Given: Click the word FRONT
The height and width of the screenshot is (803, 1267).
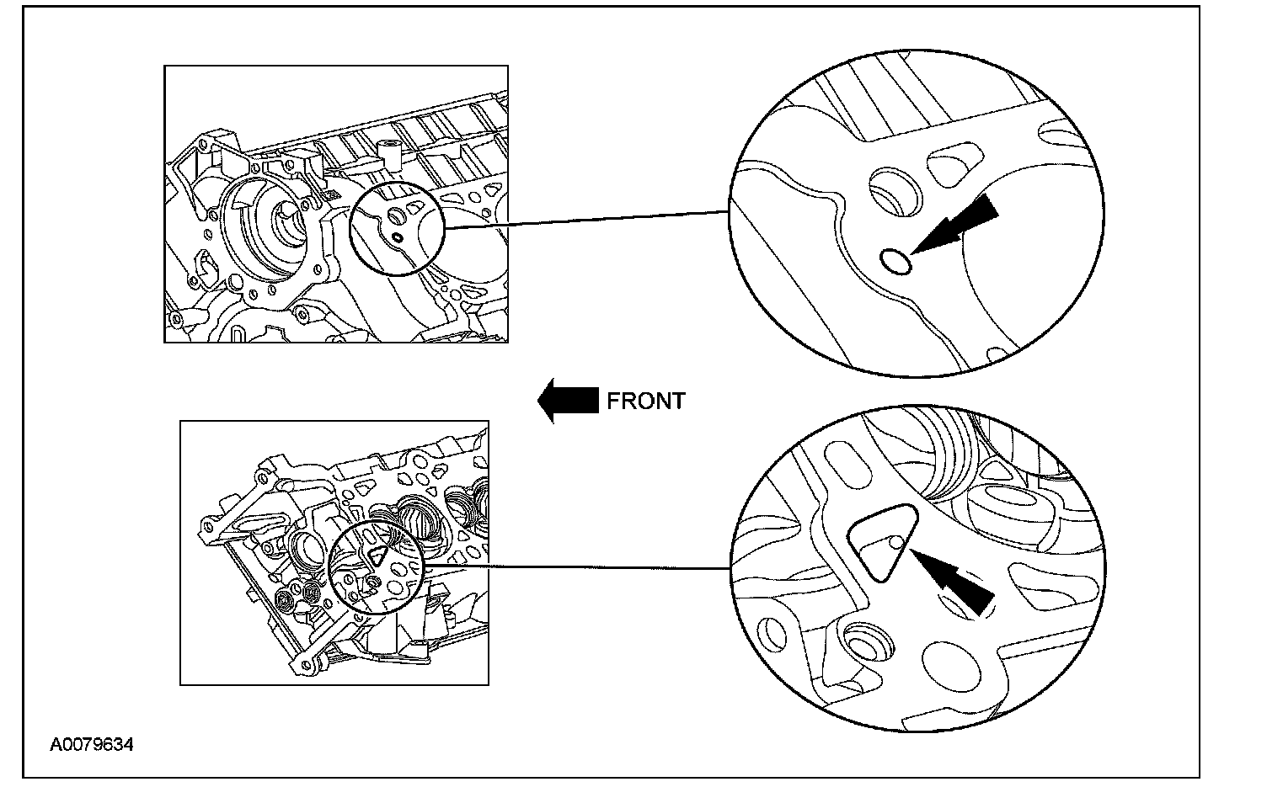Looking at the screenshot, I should [646, 401].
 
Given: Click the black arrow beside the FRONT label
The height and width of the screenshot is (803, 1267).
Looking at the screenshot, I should [567, 400].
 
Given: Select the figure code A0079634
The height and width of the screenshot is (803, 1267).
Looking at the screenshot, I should [91, 745].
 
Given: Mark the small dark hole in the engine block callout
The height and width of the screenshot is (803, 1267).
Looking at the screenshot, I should [396, 238].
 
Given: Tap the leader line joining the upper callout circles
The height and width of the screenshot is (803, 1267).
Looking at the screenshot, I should [585, 218].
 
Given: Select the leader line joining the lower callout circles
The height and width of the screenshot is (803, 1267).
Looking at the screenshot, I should [576, 566].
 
